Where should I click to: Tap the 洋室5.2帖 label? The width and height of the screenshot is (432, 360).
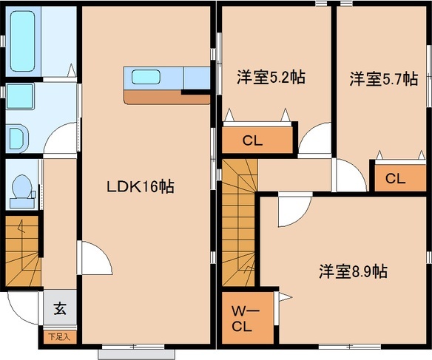(271, 78)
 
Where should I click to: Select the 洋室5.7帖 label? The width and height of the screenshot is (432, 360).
(384, 78)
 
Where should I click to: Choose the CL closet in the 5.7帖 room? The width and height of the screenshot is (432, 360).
(395, 177)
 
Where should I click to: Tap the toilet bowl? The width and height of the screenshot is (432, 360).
(21, 188)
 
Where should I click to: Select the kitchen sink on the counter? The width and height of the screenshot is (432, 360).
(144, 77)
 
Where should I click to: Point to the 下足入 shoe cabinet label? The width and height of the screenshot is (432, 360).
(58, 337)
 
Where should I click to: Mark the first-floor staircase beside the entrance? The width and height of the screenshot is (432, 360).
(22, 251)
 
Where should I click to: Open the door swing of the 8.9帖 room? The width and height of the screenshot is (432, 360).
(288, 211)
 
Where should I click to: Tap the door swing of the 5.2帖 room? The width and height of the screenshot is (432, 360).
(314, 140)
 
